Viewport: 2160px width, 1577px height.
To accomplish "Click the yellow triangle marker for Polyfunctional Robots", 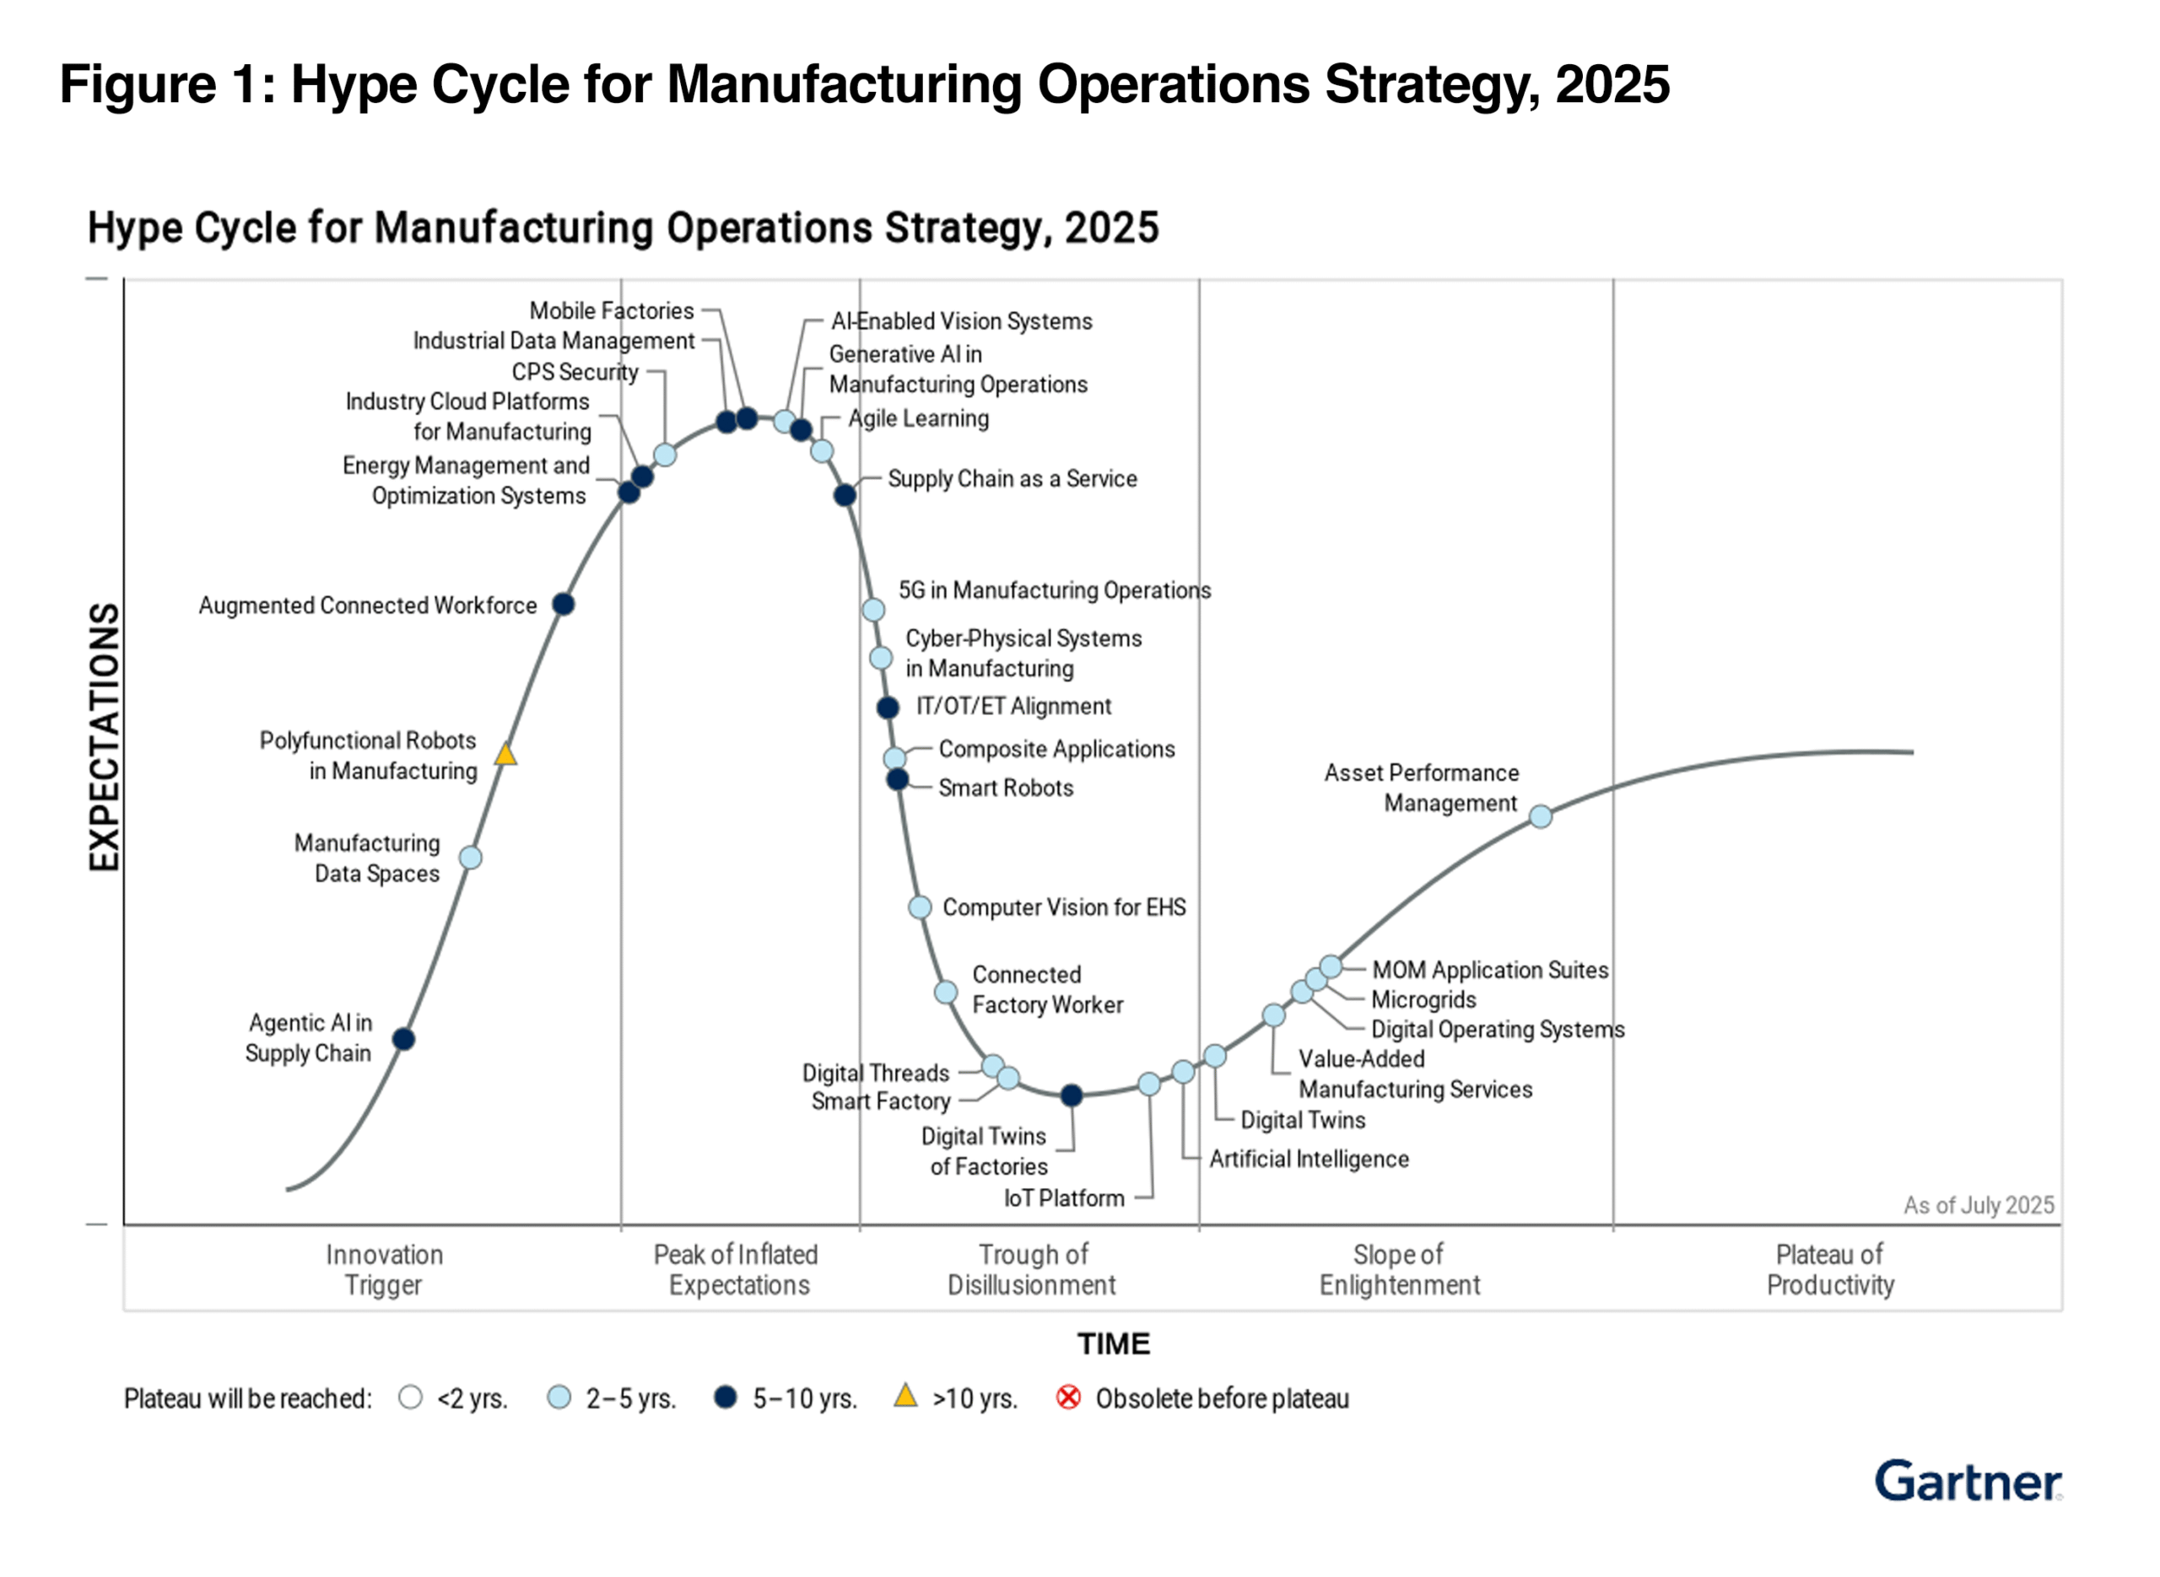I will click(505, 755).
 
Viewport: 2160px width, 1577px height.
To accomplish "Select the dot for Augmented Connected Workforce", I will click(564, 605).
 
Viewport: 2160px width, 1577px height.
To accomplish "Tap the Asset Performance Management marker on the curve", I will click(1540, 816).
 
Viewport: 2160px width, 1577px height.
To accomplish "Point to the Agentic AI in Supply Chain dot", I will click(404, 1039).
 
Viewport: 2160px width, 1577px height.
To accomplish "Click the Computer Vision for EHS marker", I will click(920, 907).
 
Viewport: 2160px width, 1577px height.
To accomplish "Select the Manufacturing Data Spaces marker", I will click(470, 858).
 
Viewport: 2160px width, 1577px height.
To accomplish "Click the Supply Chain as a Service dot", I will click(845, 494).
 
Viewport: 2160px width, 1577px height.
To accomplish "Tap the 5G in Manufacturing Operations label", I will click(1053, 590).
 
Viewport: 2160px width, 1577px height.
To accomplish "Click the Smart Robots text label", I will click(1005, 788).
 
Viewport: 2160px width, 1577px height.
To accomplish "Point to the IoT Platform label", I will click(1064, 1198).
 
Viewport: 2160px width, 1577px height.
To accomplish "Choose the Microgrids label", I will click(1423, 999).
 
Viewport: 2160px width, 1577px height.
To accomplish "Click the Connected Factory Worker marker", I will click(945, 992).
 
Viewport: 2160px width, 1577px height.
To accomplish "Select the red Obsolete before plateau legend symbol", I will click(1068, 1397).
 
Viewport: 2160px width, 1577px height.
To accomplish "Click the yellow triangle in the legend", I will click(905, 1397).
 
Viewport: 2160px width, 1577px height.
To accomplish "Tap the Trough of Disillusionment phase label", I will click(1031, 1270).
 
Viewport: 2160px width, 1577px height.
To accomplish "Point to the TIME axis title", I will click(1114, 1344).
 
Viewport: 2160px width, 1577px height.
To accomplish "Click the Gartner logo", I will click(1967, 1482).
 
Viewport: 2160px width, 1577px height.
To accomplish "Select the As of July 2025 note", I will click(1978, 1205).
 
